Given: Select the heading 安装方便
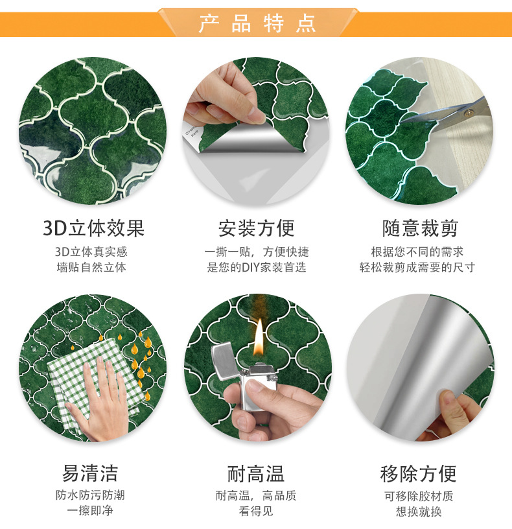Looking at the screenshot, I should pos(256,228).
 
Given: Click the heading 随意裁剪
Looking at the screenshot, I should pos(420,228).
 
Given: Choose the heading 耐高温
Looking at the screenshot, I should pos(256,473).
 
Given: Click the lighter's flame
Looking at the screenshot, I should pos(259,335).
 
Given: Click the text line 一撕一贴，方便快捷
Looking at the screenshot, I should pos(256,252).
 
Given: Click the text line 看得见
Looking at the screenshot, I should pos(256,511).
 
